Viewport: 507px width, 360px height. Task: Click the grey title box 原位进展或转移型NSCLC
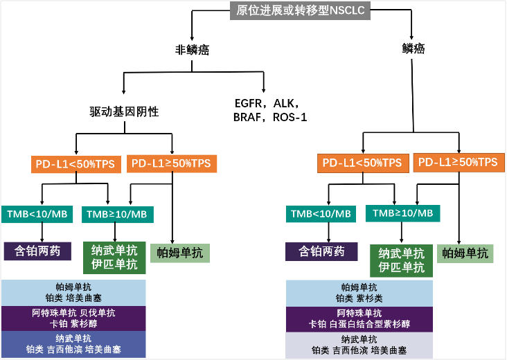[x=300, y=10]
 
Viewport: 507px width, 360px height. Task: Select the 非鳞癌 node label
[x=192, y=50]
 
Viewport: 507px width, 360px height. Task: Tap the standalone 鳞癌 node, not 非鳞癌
[x=413, y=48]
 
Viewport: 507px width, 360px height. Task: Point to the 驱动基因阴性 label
[x=124, y=112]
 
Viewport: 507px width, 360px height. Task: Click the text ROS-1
[x=290, y=117]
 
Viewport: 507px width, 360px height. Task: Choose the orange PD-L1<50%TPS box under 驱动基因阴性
[x=76, y=164]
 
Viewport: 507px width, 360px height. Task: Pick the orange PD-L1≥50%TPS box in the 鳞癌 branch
[x=459, y=162]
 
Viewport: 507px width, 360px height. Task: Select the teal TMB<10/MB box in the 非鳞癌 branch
[x=37, y=214]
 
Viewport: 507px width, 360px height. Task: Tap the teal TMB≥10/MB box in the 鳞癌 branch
[x=402, y=213]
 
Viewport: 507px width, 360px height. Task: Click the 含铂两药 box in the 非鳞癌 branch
[x=37, y=251]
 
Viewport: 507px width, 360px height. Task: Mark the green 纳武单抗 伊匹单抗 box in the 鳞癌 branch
[x=401, y=261]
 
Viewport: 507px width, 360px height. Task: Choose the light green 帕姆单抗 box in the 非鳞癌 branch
[x=180, y=253]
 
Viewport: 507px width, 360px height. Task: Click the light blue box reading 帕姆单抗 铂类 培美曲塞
[x=73, y=293]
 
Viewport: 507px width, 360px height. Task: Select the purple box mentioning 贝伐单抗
[x=73, y=318]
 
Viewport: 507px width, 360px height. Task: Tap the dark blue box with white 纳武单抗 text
[x=73, y=344]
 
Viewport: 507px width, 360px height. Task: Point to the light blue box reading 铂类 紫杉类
[x=359, y=293]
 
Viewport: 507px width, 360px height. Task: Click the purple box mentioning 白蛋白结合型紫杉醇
[x=359, y=319]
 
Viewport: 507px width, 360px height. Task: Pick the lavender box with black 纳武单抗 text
[x=359, y=345]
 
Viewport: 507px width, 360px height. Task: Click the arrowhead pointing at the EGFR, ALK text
[x=264, y=91]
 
